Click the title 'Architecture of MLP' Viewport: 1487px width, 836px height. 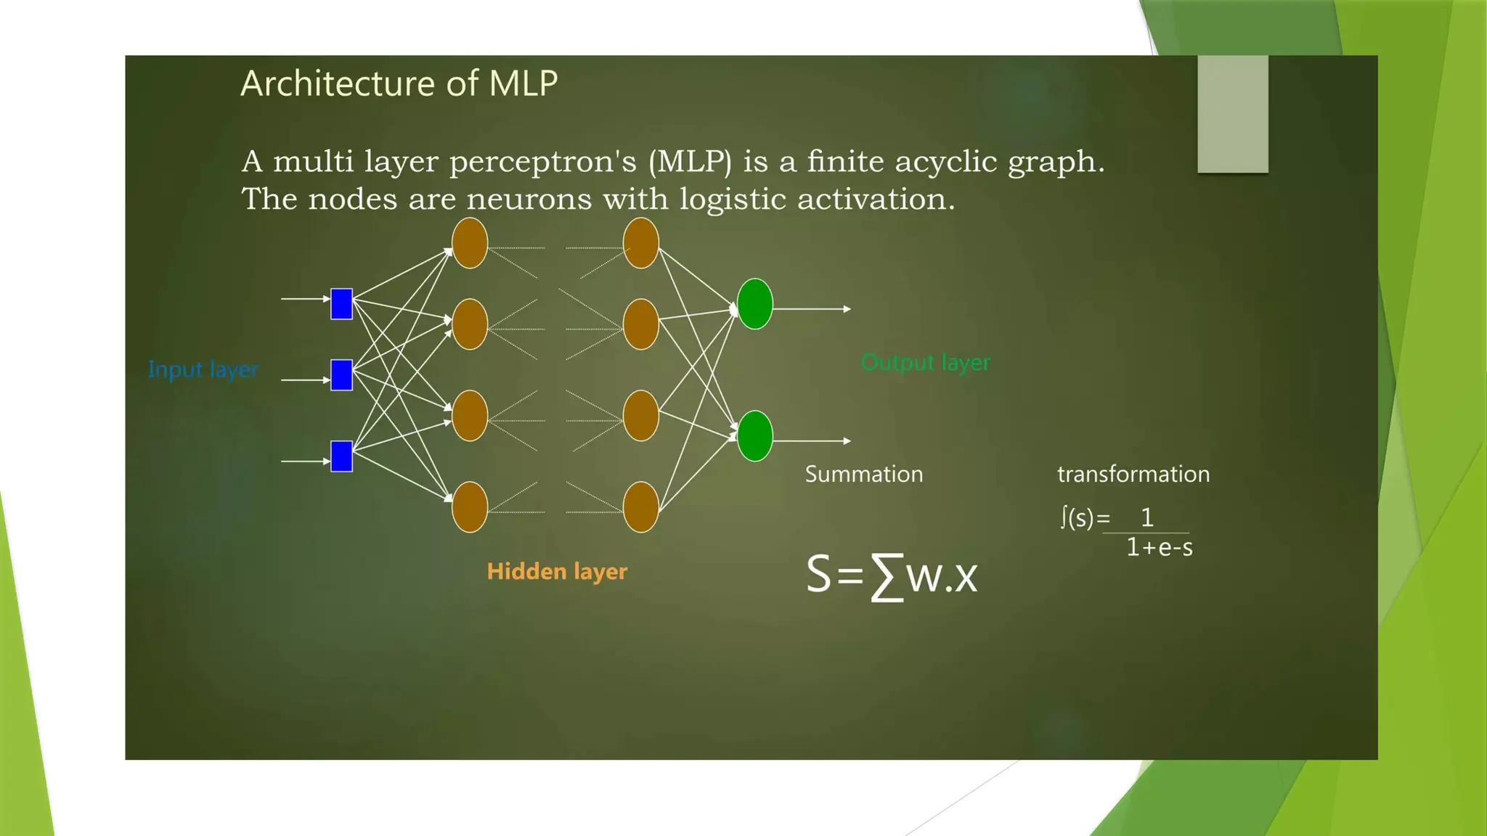pyautogui.click(x=399, y=83)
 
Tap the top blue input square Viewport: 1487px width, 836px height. pyautogui.click(x=341, y=304)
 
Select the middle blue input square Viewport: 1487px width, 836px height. pyautogui.click(x=341, y=375)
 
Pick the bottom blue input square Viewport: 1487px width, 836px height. pyautogui.click(x=341, y=456)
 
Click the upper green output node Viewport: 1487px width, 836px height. pyautogui.click(x=754, y=304)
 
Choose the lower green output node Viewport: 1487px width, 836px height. pyautogui.click(x=754, y=436)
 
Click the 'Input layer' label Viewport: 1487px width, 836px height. pyautogui.click(x=203, y=369)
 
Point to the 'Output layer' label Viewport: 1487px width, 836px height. pyautogui.click(x=925, y=362)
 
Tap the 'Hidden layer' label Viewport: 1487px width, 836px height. pyautogui.click(x=557, y=571)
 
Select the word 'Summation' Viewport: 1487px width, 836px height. pyautogui.click(x=863, y=474)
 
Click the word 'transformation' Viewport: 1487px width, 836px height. pyautogui.click(x=1133, y=474)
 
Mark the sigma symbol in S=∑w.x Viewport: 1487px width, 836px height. pyautogui.click(x=887, y=576)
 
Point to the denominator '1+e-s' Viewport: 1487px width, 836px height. pyautogui.click(x=1159, y=547)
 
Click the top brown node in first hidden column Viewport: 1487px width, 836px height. pyautogui.click(x=470, y=243)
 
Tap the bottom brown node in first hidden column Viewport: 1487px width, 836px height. pyautogui.click(x=470, y=507)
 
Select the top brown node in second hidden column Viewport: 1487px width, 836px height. pyautogui.click(x=640, y=243)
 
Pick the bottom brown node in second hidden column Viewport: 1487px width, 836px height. pyautogui.click(x=640, y=507)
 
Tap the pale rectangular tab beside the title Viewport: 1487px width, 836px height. pyautogui.click(x=1232, y=114)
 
